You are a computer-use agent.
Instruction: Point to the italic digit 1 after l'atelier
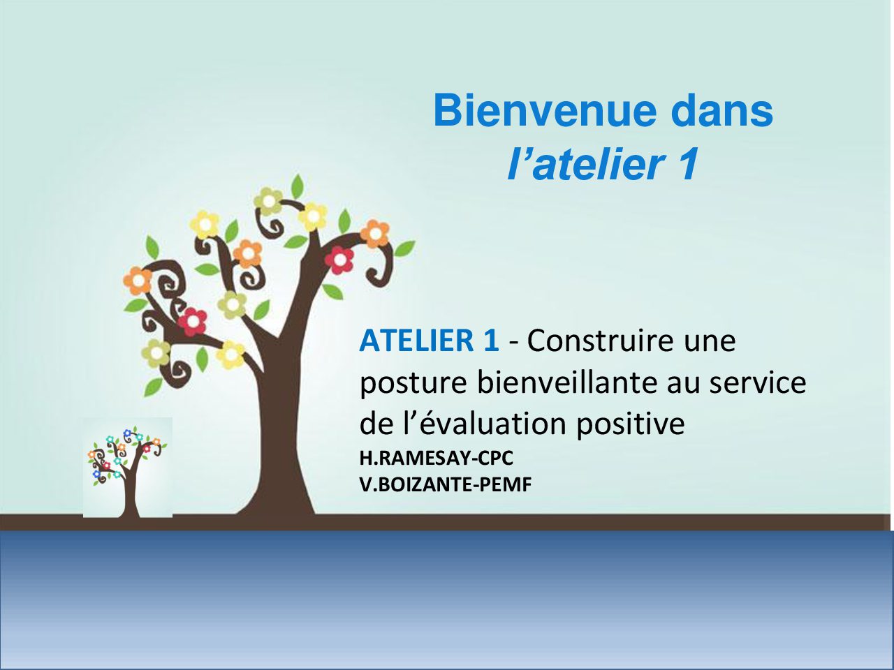click(x=687, y=164)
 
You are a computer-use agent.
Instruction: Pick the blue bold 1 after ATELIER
click(x=490, y=341)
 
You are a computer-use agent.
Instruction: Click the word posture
click(x=413, y=384)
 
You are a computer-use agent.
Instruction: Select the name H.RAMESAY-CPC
click(x=437, y=458)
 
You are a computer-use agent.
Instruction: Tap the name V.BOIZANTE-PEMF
click(x=446, y=484)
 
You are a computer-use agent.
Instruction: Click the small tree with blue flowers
click(x=128, y=468)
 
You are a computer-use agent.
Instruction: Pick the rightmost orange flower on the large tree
click(x=374, y=234)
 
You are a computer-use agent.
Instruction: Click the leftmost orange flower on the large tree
click(x=138, y=281)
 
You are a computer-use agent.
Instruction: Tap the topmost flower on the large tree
click(x=268, y=201)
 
